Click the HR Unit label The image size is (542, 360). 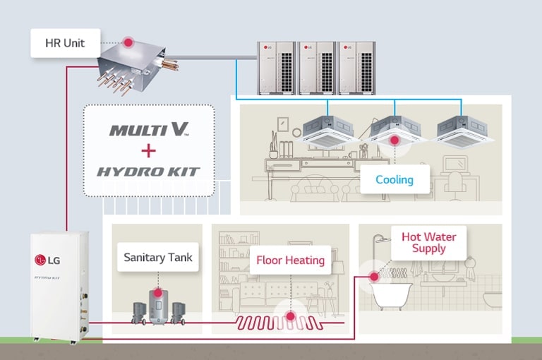[x=65, y=43]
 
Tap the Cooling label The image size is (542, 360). [x=394, y=179]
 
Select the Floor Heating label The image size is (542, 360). [x=290, y=260]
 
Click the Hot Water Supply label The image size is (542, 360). [x=428, y=242]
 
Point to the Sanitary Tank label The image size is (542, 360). [x=157, y=258]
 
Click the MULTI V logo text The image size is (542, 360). [x=147, y=130]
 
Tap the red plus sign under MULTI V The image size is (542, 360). [x=147, y=150]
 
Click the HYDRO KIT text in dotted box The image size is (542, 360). [x=147, y=172]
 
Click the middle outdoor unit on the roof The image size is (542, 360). [x=317, y=67]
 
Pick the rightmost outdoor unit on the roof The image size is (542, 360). [x=357, y=67]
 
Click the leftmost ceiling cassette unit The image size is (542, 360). [x=330, y=131]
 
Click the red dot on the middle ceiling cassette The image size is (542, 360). [x=395, y=140]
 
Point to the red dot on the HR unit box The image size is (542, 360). [x=128, y=42]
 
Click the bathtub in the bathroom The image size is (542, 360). [x=392, y=296]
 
